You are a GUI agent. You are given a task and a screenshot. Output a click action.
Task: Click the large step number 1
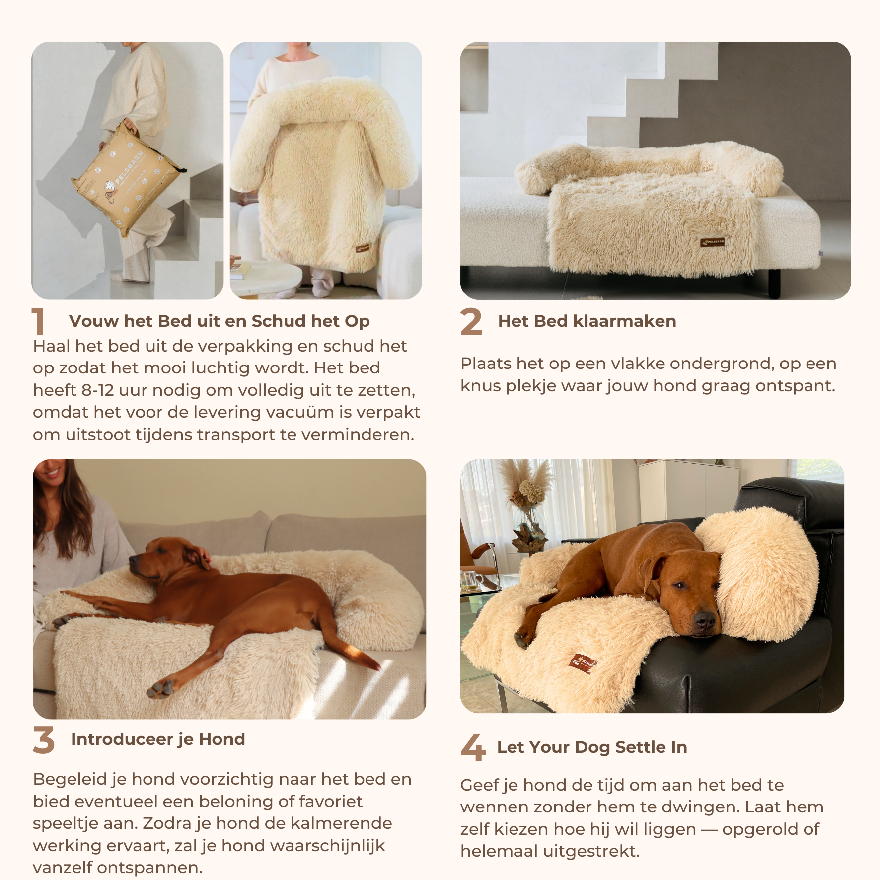39,321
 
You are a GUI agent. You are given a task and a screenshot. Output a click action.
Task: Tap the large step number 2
471,321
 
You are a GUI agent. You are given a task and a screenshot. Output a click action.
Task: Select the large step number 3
44,739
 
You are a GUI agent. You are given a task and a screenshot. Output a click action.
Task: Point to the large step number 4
473,747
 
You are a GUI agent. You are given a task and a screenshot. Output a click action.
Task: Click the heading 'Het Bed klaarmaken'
587,321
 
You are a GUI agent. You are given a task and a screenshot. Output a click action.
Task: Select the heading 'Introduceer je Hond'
158,739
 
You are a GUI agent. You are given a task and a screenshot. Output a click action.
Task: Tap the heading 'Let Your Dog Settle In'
592,747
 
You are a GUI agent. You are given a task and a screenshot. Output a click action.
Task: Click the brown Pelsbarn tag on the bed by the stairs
713,242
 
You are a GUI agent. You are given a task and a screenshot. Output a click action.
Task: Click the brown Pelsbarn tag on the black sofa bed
582,663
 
